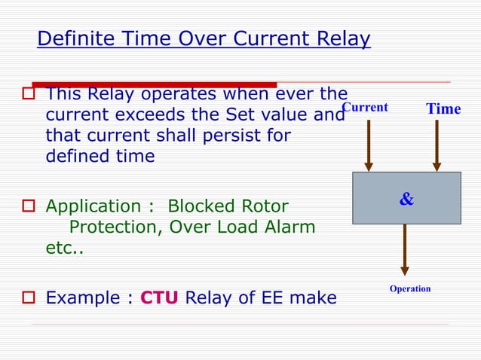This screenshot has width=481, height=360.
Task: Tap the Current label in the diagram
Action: (366, 108)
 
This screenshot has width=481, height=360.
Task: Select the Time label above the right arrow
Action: (443, 109)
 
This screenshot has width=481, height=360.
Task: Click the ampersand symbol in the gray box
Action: (406, 200)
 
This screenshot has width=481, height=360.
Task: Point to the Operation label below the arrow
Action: (410, 288)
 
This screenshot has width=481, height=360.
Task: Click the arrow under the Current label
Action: (369, 145)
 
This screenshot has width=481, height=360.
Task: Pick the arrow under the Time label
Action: (436, 145)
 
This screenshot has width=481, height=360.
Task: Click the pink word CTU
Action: (159, 298)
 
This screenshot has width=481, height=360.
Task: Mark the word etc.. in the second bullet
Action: (65, 248)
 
